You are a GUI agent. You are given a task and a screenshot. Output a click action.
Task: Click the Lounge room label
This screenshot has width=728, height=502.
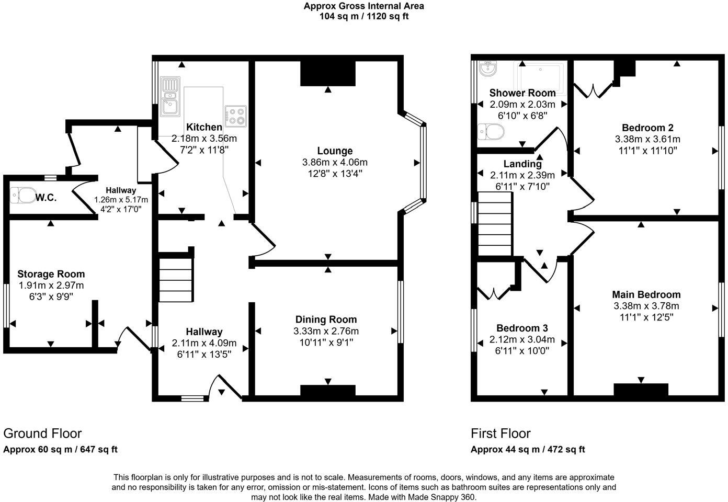coord(335,151)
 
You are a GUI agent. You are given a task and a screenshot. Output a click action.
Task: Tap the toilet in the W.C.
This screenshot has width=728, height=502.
coord(22,195)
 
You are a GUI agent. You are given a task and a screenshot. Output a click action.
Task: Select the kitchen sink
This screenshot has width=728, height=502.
coord(170,96)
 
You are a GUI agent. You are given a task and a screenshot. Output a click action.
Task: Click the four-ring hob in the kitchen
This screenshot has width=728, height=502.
coord(235,116)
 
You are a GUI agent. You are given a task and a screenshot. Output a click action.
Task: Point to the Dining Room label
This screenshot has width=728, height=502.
coord(326,320)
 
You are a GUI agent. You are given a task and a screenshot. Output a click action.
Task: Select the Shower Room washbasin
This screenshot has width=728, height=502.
coord(488,67)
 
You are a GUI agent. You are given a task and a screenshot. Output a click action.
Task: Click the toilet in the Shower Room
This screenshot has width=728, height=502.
coord(491,132)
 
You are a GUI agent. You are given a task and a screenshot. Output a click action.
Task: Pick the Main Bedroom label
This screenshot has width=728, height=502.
coord(646,294)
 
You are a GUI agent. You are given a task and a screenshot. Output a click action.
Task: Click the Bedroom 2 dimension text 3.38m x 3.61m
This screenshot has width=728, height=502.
coord(647,139)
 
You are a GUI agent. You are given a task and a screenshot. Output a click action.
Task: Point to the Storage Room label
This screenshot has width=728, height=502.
coord(51,274)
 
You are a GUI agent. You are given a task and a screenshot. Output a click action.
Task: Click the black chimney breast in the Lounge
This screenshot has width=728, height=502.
coord(328,73)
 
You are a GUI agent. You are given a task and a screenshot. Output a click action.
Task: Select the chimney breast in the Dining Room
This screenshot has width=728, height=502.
coord(328,391)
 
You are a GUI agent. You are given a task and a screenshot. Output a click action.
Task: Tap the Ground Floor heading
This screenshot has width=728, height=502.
coord(42,433)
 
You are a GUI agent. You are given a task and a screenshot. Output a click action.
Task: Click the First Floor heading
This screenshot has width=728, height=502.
coord(500,433)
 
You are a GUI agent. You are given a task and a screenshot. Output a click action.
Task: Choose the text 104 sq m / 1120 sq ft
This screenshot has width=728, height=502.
coord(364,16)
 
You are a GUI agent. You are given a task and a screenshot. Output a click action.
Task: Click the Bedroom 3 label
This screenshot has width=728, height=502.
coord(522,328)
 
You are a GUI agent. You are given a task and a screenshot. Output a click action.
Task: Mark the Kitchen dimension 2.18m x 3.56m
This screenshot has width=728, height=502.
coord(204,139)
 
